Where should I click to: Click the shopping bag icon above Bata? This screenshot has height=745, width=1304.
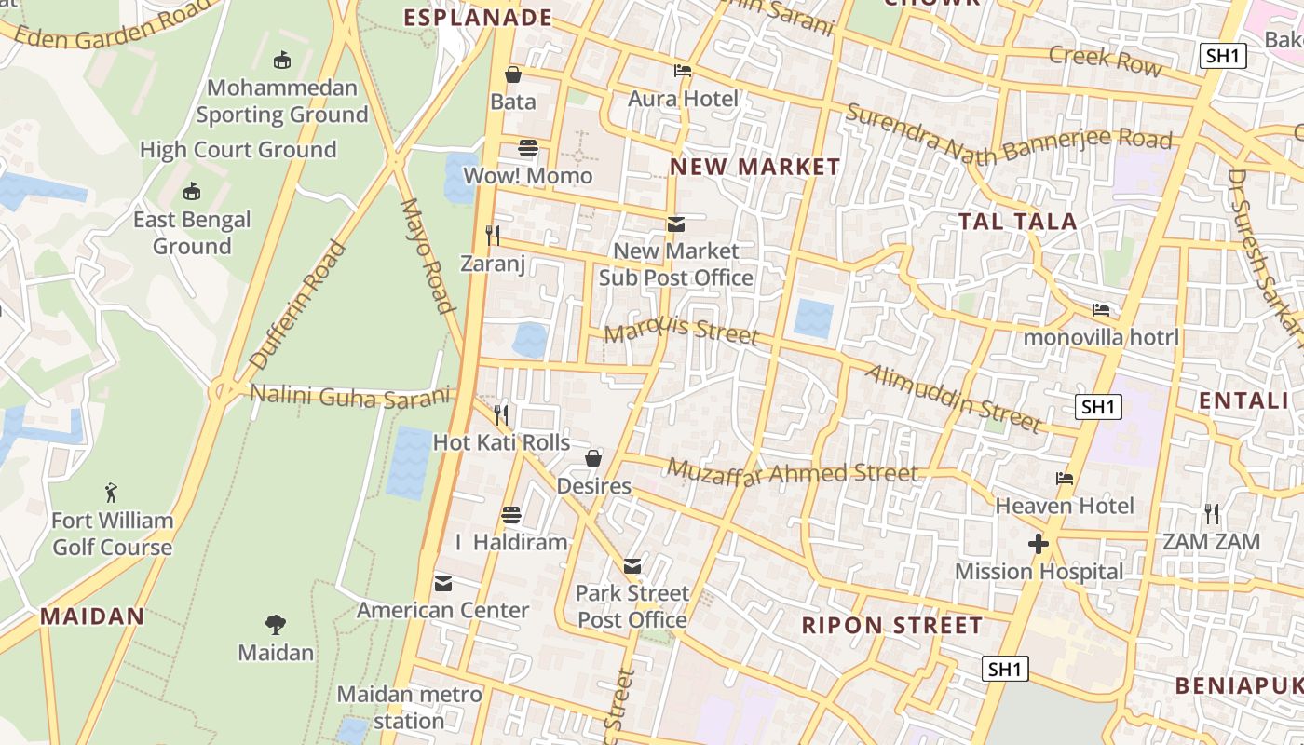(512, 74)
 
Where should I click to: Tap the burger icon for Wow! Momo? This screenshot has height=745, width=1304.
(528, 148)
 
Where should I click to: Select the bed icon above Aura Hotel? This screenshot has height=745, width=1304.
(683, 71)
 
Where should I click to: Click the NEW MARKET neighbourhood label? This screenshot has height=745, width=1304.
(755, 168)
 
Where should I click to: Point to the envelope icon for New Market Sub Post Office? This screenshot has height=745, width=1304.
(676, 223)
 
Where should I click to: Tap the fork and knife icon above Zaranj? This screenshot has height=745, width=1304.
(493, 235)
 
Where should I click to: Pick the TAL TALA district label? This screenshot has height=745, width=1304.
(1018, 222)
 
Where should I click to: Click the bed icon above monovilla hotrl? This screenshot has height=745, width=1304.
(1101, 309)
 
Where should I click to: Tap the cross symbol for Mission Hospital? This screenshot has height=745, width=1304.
(1039, 544)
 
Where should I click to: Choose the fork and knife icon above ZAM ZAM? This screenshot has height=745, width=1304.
(1211, 513)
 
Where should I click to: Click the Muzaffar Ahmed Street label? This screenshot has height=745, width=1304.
(793, 471)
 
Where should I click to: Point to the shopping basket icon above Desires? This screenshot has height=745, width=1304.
(593, 458)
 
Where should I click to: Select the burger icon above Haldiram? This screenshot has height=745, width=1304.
(510, 514)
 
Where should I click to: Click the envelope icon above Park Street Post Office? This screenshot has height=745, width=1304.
(632, 565)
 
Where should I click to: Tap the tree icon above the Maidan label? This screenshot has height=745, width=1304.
(275, 624)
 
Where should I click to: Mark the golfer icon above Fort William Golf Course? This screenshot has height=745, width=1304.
(112, 492)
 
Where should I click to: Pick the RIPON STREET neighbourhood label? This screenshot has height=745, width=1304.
(892, 625)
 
